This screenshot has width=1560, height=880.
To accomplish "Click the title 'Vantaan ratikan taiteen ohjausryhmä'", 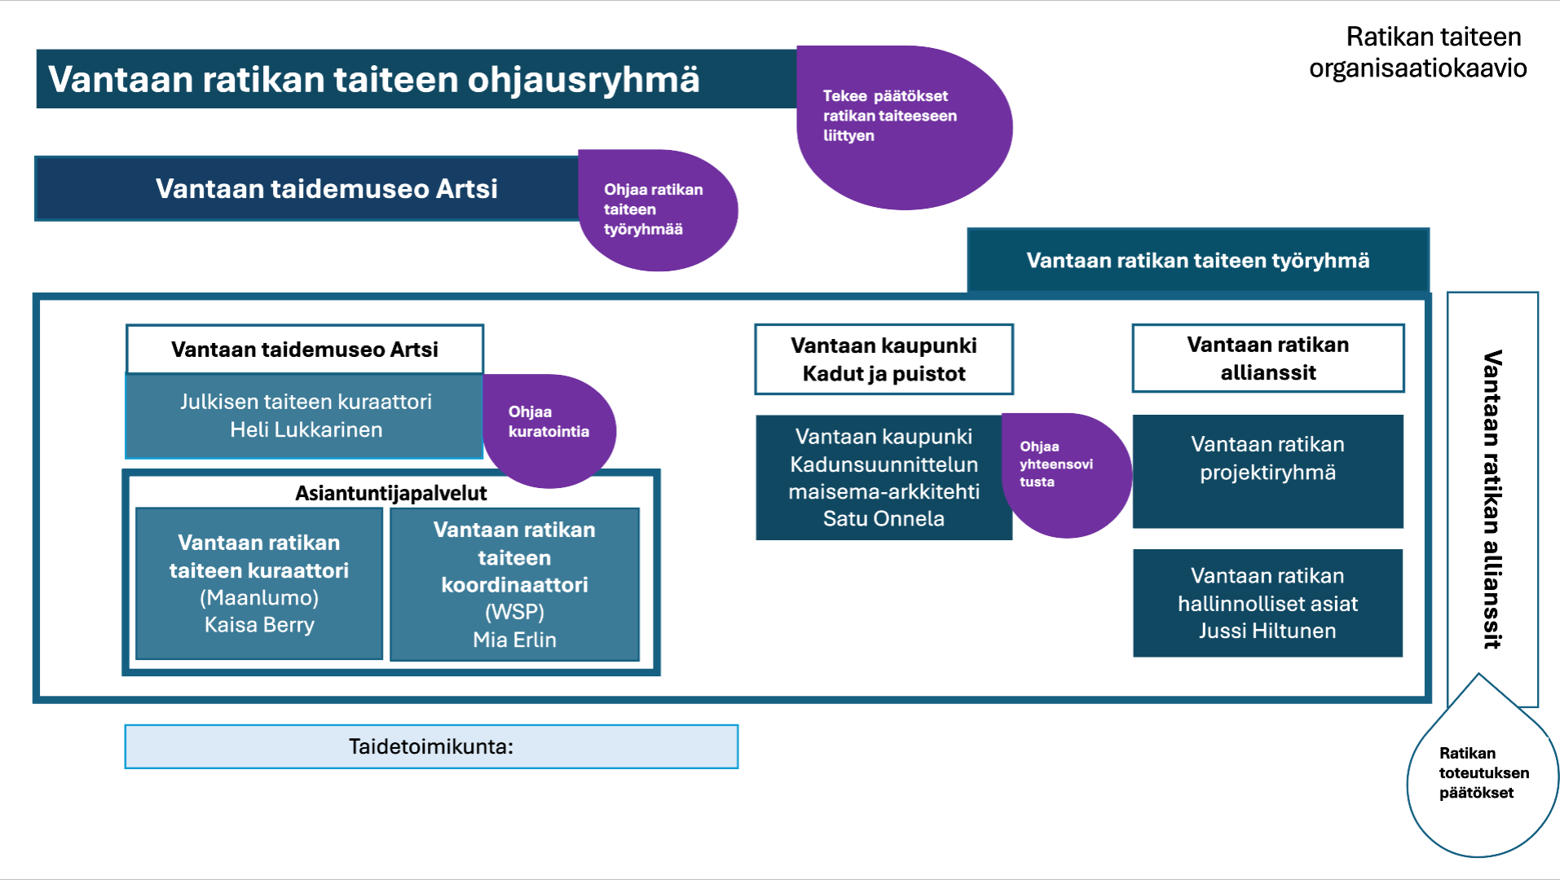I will (x=373, y=79).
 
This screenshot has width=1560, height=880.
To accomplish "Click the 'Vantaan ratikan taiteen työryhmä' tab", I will (x=1197, y=261).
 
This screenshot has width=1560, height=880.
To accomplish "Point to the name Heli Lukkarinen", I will (x=306, y=430).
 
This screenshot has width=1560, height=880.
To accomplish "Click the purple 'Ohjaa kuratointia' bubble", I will (x=549, y=422).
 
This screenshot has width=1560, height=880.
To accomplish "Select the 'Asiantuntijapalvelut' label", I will (x=390, y=493).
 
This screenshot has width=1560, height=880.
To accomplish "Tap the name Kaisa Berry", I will (x=259, y=625).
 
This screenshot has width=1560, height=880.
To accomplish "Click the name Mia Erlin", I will (x=514, y=640).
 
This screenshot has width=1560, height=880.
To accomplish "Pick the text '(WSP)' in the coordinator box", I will (x=514, y=612).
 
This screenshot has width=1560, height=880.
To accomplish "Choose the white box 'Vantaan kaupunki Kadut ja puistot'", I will (x=884, y=359).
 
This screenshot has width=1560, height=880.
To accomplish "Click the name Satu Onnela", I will (x=884, y=519).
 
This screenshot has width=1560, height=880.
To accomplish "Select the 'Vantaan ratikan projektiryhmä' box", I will (x=1267, y=459).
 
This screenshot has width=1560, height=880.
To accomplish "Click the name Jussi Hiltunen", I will (x=1267, y=631).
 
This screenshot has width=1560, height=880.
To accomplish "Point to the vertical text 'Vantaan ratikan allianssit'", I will (x=1492, y=499).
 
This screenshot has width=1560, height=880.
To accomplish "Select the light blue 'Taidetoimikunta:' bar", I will (x=431, y=746).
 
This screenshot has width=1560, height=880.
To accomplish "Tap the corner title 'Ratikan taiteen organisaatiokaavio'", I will (x=1418, y=52).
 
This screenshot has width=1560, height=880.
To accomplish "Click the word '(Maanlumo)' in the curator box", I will (x=259, y=597).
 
